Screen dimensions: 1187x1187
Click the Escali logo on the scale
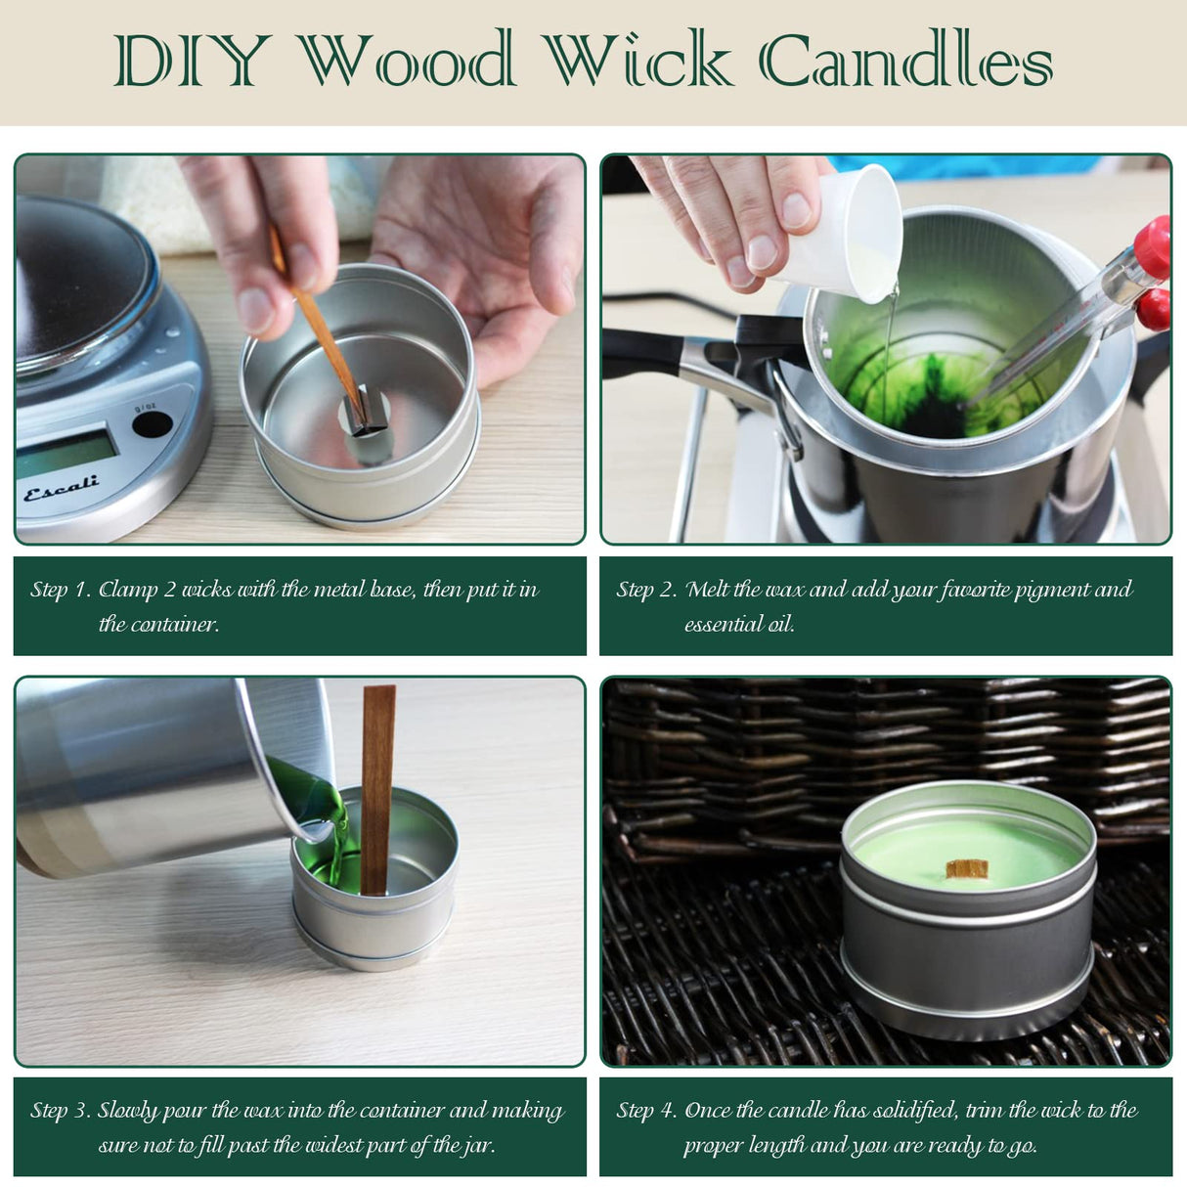pos(61,487)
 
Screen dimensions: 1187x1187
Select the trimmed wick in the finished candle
pos(966,867)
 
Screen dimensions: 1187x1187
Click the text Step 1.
pos(60,590)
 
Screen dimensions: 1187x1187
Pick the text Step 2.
pos(646,590)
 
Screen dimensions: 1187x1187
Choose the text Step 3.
pos(60,1111)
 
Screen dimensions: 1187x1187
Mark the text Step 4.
pos(646,1111)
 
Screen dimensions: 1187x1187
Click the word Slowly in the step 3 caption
pos(127,1111)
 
